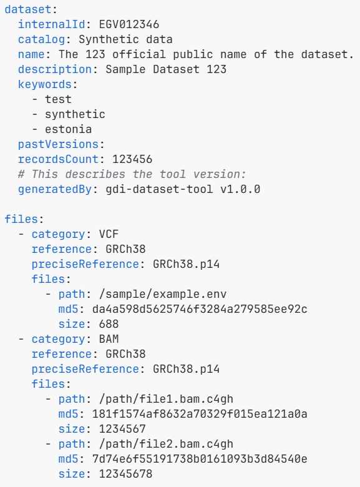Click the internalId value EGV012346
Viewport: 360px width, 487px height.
[129, 24]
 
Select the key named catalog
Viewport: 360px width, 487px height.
[42, 39]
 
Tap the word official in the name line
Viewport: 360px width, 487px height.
[139, 54]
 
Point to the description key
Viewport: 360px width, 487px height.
[55, 69]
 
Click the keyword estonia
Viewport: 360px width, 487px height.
[68, 129]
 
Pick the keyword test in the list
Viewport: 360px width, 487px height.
[59, 99]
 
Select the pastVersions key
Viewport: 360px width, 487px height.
[59, 144]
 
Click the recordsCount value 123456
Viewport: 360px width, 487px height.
[132, 159]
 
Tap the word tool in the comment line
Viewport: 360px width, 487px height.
[173, 174]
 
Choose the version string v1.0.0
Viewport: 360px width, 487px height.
[240, 189]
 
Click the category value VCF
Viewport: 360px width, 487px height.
[109, 234]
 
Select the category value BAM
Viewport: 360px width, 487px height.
[109, 339]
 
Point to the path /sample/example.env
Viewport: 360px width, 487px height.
[163, 294]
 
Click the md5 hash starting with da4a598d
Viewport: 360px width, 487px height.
[200, 309]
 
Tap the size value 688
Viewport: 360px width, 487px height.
[109, 324]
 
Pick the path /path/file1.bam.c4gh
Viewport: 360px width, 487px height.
[166, 399]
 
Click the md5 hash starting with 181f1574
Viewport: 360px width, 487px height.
[200, 414]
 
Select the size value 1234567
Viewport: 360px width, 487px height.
[122, 429]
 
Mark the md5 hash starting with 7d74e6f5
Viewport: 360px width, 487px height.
[200, 459]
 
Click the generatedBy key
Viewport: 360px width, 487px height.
[55, 189]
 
